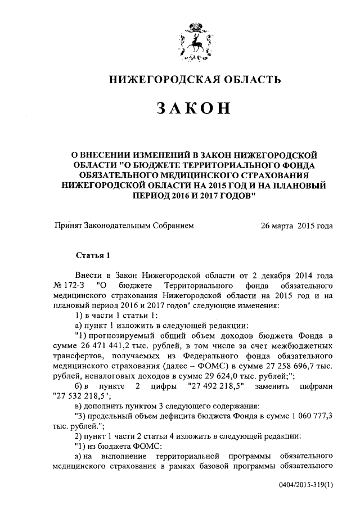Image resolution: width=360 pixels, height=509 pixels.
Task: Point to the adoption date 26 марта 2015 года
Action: click(x=296, y=226)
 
